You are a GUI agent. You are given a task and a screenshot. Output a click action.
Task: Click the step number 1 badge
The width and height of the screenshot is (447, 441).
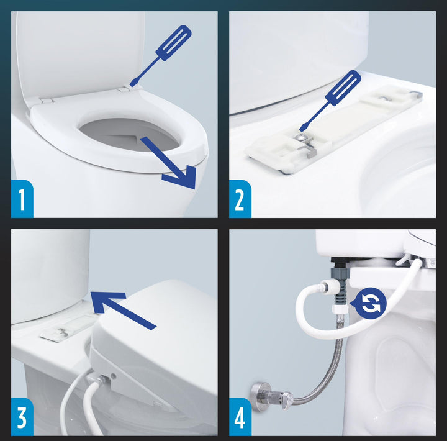22,199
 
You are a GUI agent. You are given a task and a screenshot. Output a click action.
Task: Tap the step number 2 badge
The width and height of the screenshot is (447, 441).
240,199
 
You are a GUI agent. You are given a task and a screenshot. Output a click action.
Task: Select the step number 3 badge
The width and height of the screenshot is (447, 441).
22,417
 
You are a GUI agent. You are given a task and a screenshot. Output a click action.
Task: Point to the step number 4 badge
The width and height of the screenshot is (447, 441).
240,417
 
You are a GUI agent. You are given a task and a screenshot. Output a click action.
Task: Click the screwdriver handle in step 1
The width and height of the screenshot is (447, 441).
174,42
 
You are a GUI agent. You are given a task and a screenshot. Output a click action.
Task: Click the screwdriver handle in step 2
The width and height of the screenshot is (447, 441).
343,88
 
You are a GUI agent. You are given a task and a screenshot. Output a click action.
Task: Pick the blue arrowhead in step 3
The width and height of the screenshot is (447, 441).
106,302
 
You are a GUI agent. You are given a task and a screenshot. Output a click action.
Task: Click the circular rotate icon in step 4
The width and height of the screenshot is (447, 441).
370,303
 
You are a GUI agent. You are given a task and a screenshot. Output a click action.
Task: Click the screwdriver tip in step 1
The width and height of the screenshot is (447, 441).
132,84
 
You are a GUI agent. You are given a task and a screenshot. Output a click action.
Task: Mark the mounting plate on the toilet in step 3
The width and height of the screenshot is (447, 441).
67,328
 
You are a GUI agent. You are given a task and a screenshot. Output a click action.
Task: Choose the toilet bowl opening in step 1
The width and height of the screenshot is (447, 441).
130,134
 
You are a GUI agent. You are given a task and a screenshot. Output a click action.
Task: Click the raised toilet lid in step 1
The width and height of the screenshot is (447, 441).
81,54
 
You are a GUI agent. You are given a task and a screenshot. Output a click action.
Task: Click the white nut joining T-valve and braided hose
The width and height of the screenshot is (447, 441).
340,308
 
